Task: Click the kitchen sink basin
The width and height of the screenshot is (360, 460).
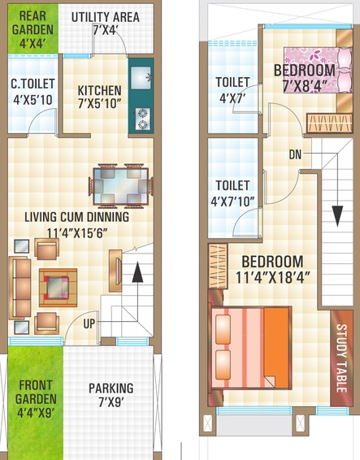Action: [x=141, y=78]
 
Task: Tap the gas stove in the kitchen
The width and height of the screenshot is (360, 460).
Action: [x=143, y=119]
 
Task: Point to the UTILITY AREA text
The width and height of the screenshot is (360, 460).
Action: [x=106, y=17]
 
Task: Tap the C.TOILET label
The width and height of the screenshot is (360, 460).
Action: [x=33, y=84]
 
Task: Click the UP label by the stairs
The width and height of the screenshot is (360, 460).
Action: [x=89, y=324]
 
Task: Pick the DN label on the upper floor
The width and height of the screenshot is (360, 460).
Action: [x=295, y=154]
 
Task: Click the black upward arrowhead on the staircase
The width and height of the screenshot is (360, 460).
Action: [x=137, y=272]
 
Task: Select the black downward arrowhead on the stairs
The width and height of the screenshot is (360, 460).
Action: [x=337, y=216]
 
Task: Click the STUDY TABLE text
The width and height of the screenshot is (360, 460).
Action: [x=341, y=358]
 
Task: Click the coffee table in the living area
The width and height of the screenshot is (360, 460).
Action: [x=58, y=288]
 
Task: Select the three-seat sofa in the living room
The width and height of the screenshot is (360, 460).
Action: [x=20, y=288]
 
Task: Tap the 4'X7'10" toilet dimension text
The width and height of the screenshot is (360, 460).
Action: [x=232, y=202]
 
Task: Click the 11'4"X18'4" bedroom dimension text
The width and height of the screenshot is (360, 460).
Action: [x=272, y=277]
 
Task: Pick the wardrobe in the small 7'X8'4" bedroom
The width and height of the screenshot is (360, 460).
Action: [x=329, y=123]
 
